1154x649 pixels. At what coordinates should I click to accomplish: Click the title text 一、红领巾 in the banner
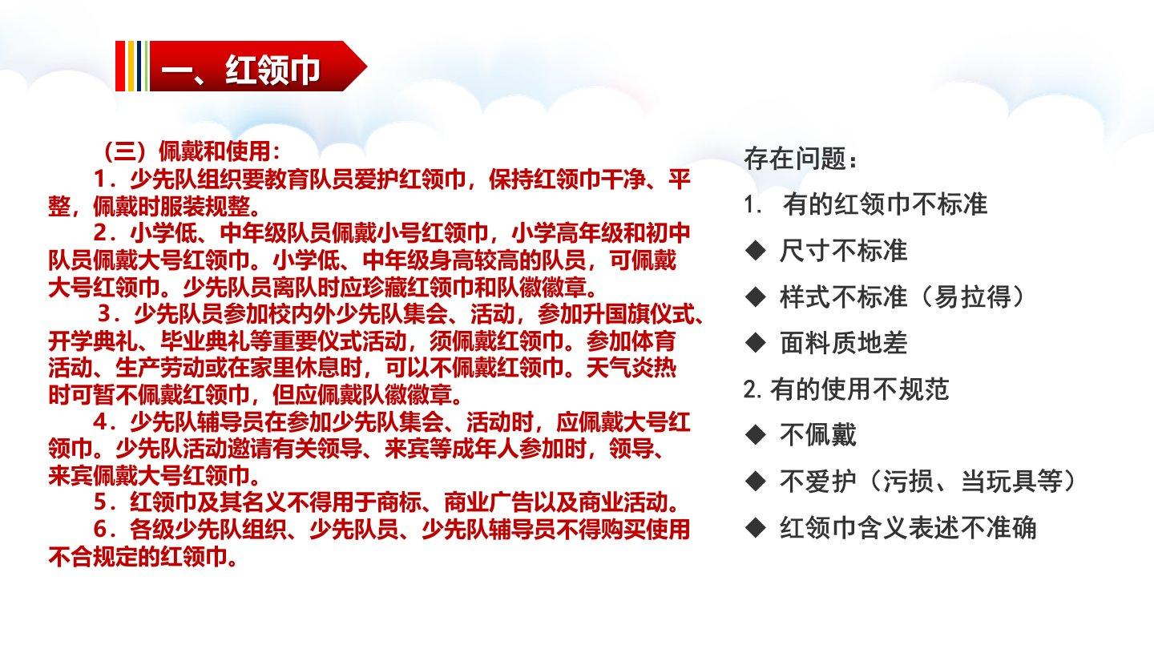point(240,70)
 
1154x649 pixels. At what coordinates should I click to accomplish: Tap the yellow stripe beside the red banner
point(131,66)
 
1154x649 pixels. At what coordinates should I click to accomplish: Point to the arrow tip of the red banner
point(366,66)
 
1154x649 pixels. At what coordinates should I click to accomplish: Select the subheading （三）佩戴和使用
point(192,151)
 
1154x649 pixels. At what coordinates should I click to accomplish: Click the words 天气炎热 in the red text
point(631,368)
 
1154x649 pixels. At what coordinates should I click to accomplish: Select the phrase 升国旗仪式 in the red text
point(638,314)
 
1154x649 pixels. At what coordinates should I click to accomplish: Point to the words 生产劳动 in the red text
point(160,368)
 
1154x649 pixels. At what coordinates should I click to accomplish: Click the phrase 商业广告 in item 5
point(488,502)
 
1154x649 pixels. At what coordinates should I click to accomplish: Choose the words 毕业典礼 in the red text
point(205,341)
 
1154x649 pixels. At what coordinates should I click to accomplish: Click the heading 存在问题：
point(801,158)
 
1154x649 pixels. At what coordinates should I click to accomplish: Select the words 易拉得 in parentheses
point(973,296)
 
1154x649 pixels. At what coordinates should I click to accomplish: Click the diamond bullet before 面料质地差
point(756,343)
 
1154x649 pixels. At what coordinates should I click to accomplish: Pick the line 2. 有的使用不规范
point(846,389)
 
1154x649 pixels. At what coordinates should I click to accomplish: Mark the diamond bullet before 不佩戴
point(756,435)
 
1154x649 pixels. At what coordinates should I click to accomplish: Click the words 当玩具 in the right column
point(999,481)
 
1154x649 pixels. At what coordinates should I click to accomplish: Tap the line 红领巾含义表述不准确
point(908,527)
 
